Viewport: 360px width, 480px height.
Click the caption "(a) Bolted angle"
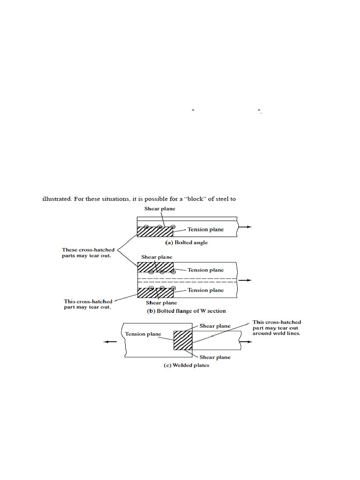pos(186,243)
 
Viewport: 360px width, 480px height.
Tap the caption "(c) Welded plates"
pos(186,365)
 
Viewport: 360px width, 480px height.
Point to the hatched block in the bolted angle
pos(155,231)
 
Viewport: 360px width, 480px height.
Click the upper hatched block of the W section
pos(155,267)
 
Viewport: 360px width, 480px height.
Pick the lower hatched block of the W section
pos(155,292)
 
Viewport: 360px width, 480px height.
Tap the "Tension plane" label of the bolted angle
pos(206,229)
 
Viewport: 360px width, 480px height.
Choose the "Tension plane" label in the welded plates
pos(143,334)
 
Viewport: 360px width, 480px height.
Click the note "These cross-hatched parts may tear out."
pos(88,252)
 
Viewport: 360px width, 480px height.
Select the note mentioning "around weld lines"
pos(277,328)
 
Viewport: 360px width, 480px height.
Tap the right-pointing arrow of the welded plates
pos(248,342)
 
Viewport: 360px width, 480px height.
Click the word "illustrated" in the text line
pos(57,199)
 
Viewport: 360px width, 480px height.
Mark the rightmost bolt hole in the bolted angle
pos(173,227)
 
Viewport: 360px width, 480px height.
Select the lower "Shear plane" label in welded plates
pos(215,357)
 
